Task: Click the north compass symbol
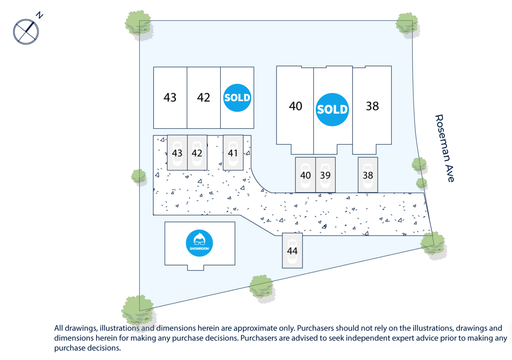coord(26,32)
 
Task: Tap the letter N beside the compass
coord(39,15)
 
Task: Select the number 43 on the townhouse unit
coord(170,98)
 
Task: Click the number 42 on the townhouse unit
coord(203,98)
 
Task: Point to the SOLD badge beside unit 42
coord(237,98)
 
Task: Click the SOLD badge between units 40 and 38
coord(332,109)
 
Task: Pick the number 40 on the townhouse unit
coord(295,106)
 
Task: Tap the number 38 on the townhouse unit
coord(372,106)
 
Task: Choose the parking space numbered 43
coord(177,153)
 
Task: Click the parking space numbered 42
coord(197,153)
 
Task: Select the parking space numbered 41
coord(233,153)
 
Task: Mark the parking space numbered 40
coord(305,175)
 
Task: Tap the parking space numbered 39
coord(325,175)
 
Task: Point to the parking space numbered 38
coord(368,175)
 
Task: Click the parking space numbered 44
coord(292,251)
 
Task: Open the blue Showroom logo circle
coord(199,243)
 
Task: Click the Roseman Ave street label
coord(445,148)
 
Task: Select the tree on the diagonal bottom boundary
coord(262,288)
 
